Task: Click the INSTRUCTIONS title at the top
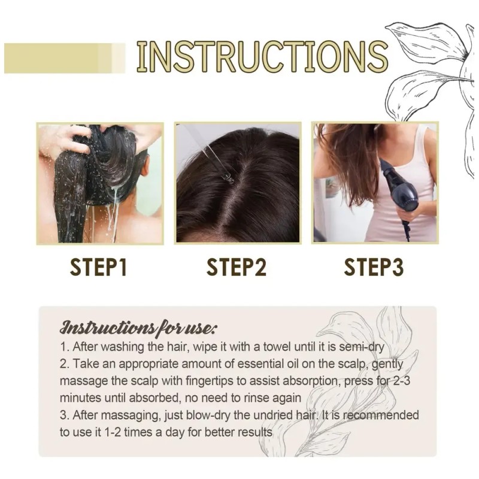click(262, 57)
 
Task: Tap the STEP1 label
click(98, 267)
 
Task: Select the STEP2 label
click(237, 267)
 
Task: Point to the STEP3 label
click(374, 267)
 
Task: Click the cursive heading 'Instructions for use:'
click(138, 328)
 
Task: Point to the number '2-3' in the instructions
click(400, 381)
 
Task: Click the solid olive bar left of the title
click(65, 58)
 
